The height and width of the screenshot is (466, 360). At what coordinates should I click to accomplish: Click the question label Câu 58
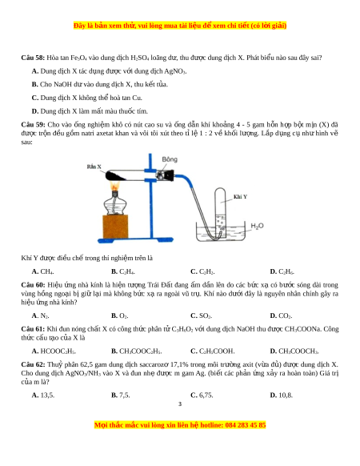[x=33, y=58]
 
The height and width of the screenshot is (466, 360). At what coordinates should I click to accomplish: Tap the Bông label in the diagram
[x=170, y=159]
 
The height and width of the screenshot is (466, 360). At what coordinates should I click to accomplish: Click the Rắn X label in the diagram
[x=94, y=167]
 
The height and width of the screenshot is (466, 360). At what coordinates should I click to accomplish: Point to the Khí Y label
[x=240, y=197]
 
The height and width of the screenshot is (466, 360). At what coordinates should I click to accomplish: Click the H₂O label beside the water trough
[x=257, y=226]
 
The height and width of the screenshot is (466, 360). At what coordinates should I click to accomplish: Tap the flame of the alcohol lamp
[x=115, y=186]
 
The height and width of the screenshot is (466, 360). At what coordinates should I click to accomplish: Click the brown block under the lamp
[x=115, y=227]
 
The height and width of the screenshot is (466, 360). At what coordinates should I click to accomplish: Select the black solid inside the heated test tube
[x=114, y=176]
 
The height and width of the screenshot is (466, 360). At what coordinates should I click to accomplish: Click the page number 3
[x=180, y=404]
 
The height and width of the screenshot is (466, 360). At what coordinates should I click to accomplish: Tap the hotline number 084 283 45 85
[x=246, y=425]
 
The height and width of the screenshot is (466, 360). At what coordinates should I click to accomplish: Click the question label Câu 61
[x=33, y=329]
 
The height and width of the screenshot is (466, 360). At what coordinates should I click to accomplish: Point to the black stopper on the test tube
[x=169, y=175]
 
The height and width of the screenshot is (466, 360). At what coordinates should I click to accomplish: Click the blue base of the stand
[x=135, y=240]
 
